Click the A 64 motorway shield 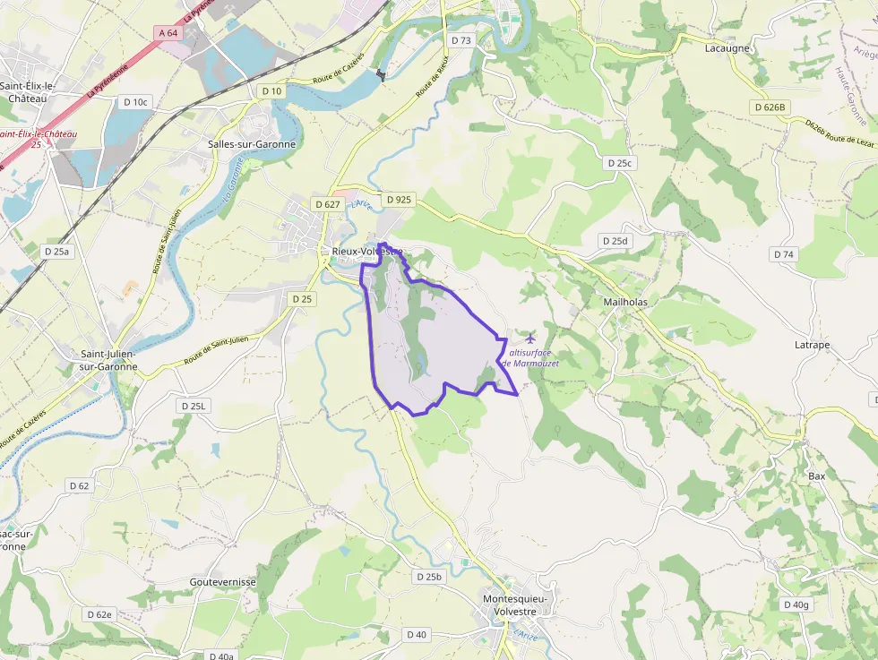click(x=168, y=33)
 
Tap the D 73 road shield click(x=461, y=40)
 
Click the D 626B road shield click(x=769, y=107)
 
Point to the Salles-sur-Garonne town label click(x=251, y=143)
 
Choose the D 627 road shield click(x=327, y=204)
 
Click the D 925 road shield click(x=396, y=199)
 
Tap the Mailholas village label click(x=625, y=302)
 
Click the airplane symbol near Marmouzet click(x=530, y=338)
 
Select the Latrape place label click(x=812, y=345)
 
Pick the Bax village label click(x=816, y=476)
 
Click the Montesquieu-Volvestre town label click(x=521, y=604)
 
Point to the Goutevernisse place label click(x=223, y=581)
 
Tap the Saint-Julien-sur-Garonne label click(x=109, y=360)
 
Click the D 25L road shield click(x=193, y=406)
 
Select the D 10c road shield click(x=134, y=102)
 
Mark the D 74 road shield click(x=783, y=254)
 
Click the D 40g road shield click(x=796, y=604)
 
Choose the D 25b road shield click(x=429, y=577)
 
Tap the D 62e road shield click(x=100, y=614)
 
